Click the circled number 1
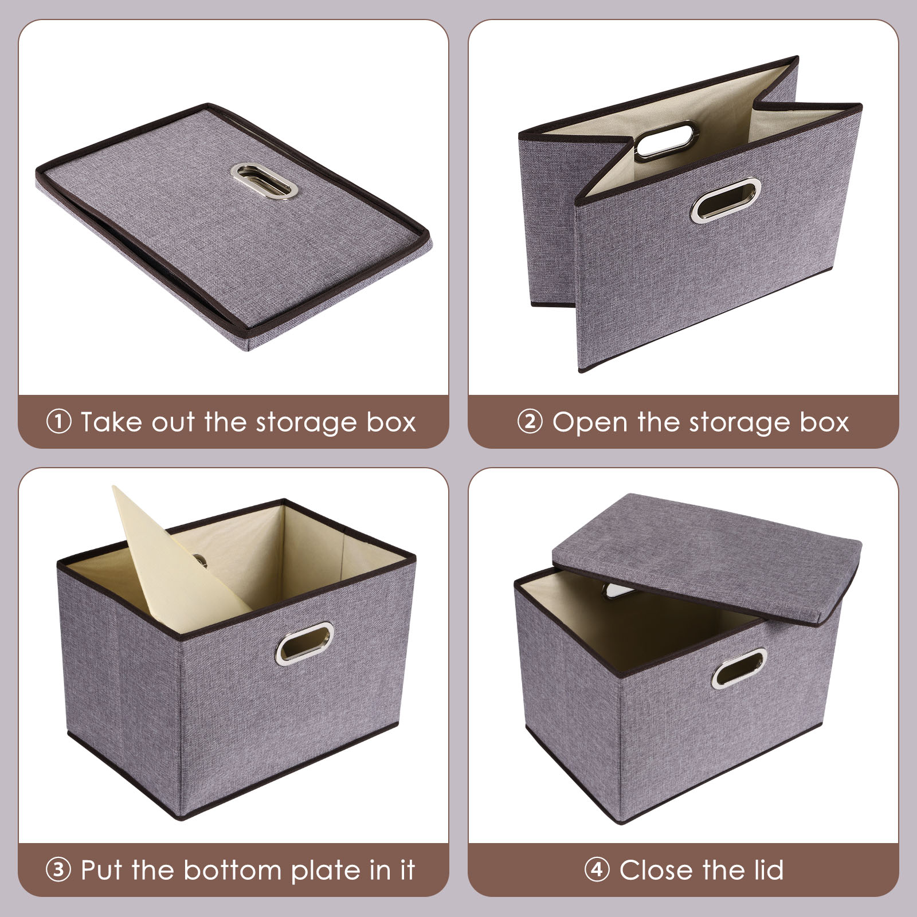(58, 422)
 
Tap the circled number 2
(530, 422)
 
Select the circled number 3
(58, 870)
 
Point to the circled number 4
(597, 870)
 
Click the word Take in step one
(110, 422)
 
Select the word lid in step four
(765, 869)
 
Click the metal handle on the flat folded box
(265, 181)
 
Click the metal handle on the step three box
(304, 641)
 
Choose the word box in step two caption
(825, 422)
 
